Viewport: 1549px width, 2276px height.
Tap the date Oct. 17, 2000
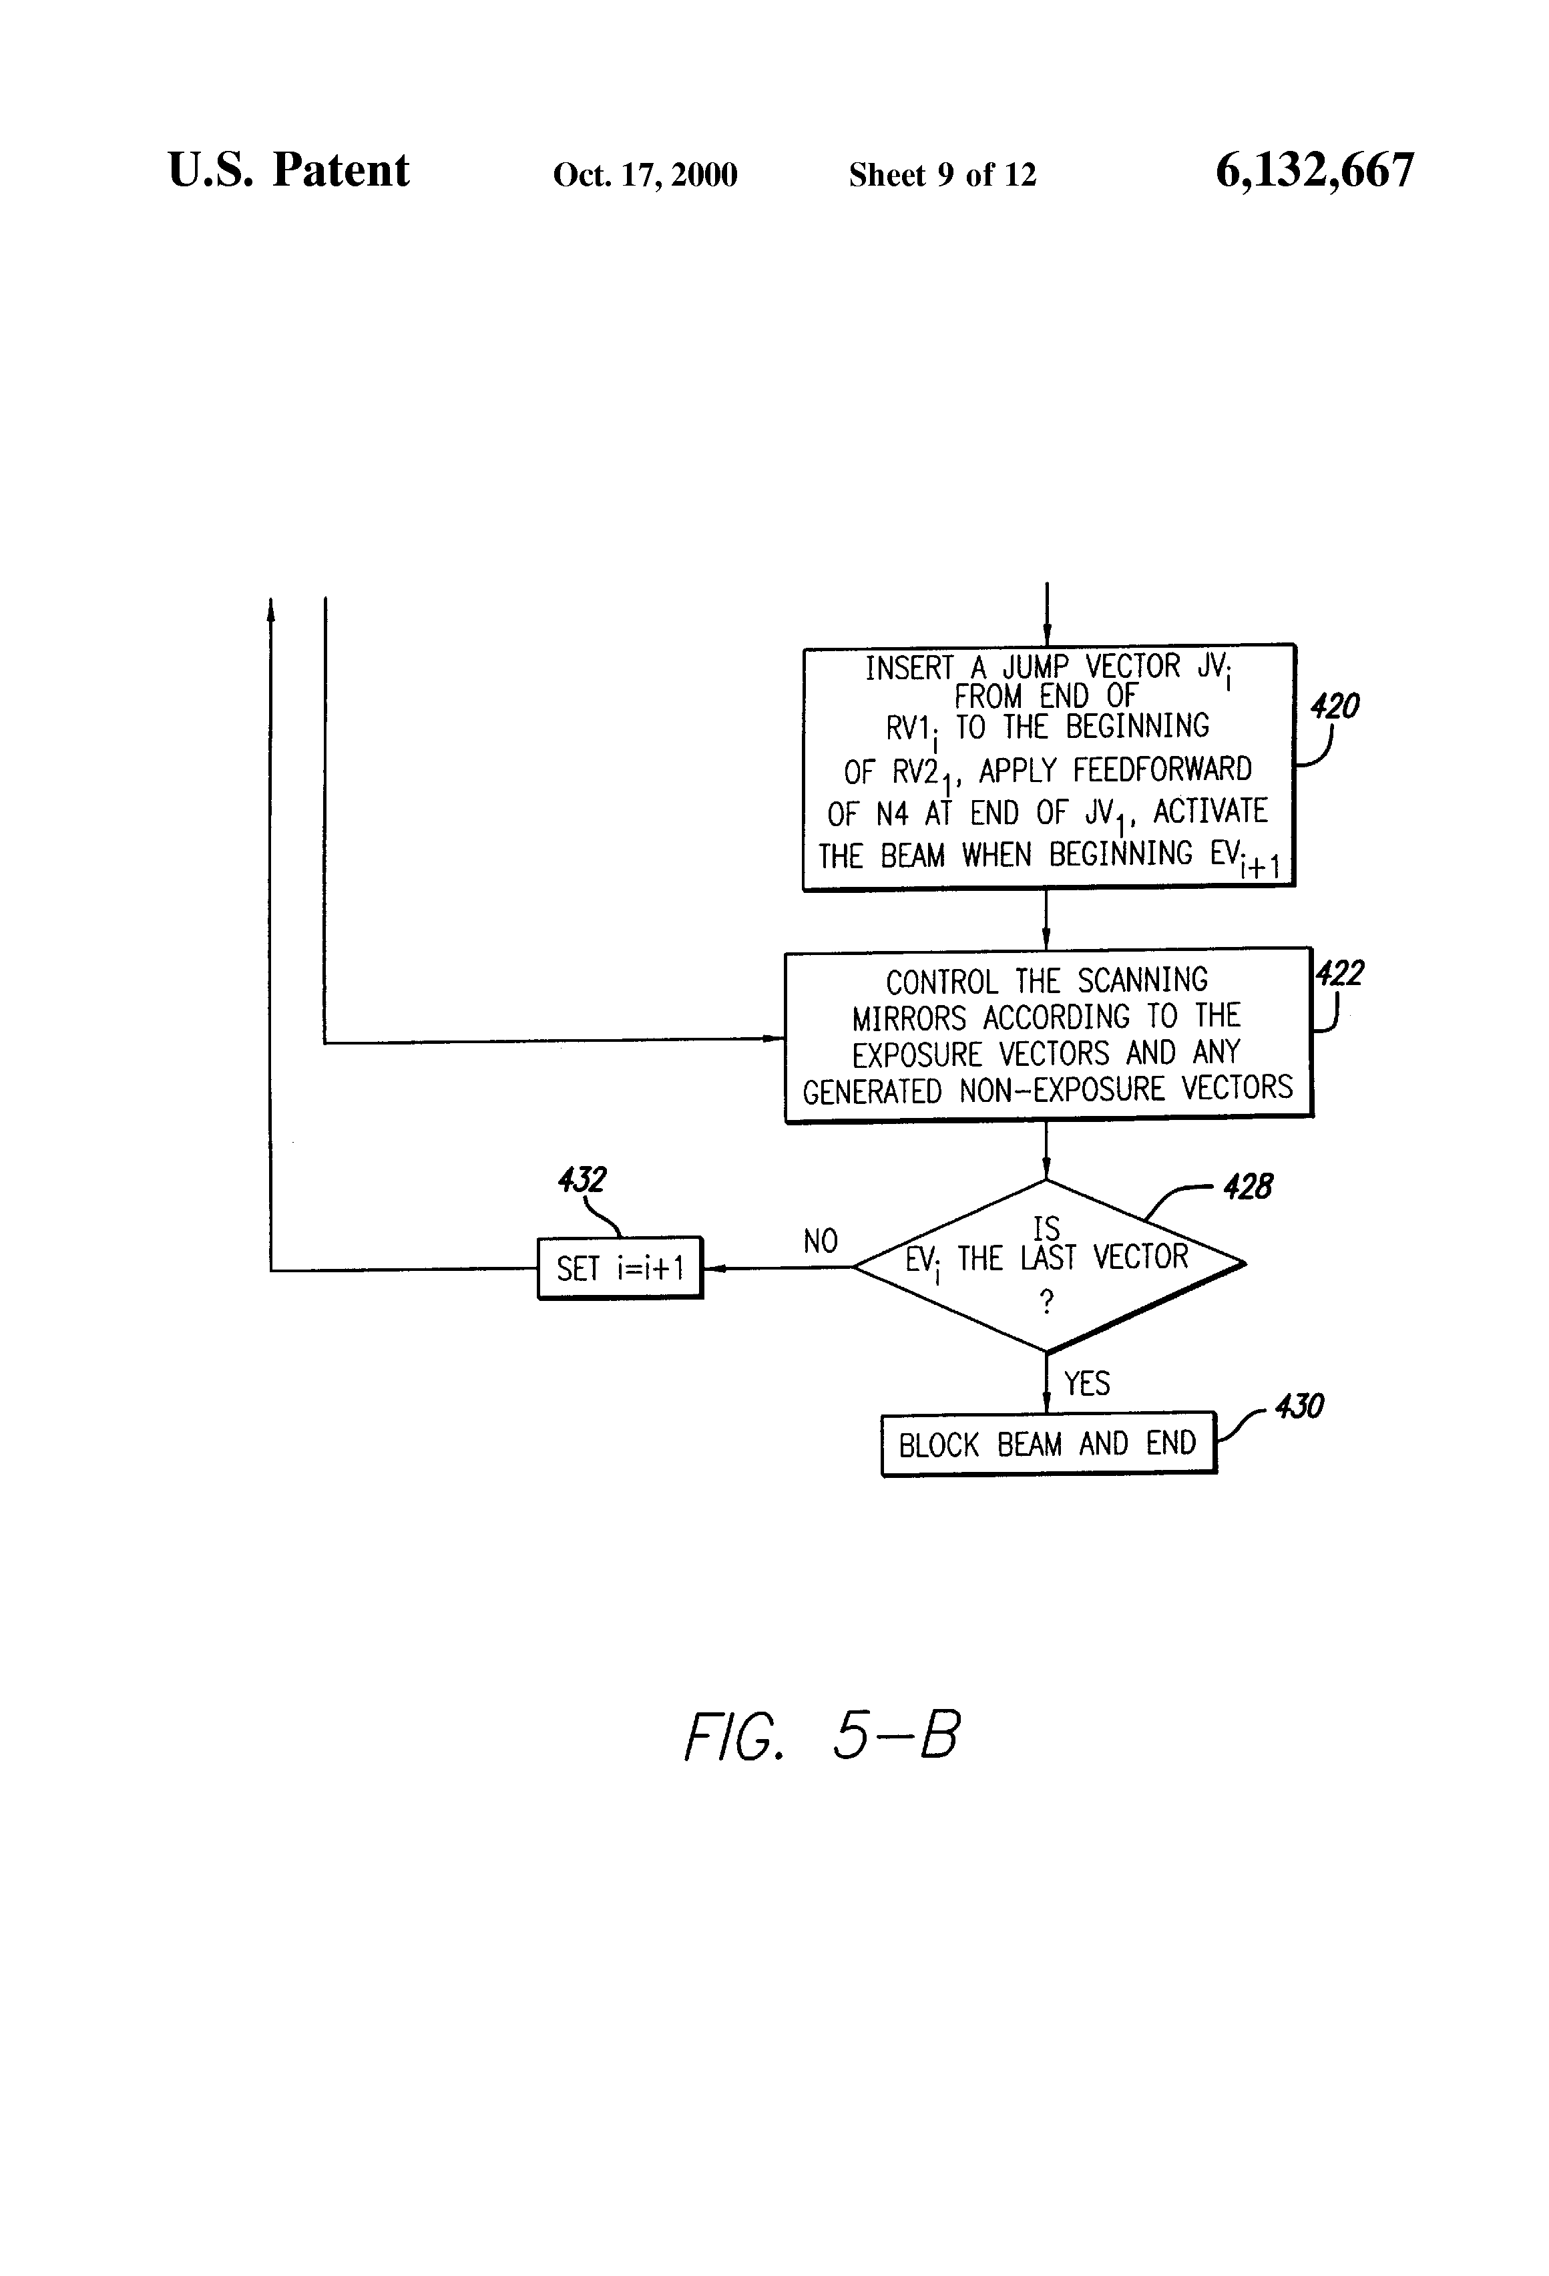[x=644, y=174]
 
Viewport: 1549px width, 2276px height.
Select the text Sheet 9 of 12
[x=942, y=174]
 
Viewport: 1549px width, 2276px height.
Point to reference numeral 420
[x=1335, y=705]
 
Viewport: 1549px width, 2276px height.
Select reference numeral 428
[x=1247, y=1187]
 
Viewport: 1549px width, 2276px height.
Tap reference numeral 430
[x=1299, y=1406]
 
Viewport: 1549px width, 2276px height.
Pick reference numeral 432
[x=582, y=1179]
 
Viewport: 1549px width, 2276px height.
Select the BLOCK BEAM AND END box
[x=1048, y=1444]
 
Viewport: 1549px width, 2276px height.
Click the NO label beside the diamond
[x=821, y=1241]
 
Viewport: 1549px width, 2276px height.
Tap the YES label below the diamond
[x=1087, y=1383]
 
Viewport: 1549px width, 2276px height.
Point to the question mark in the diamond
[x=1047, y=1302]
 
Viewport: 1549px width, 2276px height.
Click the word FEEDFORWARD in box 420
[x=1162, y=770]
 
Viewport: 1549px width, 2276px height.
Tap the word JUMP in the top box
[x=1035, y=667]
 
